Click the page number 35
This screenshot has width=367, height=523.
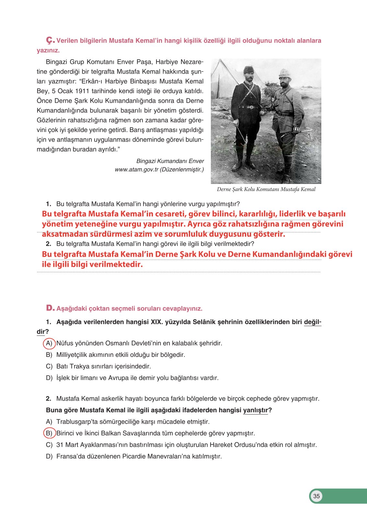[316, 496]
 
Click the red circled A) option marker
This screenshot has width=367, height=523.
[49, 343]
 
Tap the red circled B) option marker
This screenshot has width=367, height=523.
[49, 433]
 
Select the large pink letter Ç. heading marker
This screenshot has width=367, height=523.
[50, 40]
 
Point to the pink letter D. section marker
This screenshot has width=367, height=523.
[50, 308]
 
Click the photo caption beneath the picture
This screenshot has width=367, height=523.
[266, 189]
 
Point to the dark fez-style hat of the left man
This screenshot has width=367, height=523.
[249, 70]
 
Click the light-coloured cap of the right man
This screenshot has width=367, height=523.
[285, 73]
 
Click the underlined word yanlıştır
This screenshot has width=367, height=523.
[255, 410]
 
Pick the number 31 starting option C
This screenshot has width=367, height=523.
[60, 445]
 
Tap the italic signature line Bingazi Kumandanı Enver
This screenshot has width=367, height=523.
[170, 161]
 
